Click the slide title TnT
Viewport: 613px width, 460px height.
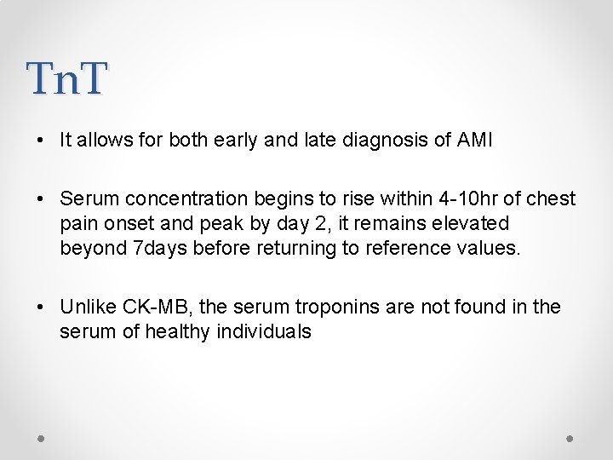[67, 78]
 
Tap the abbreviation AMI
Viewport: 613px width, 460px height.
[473, 141]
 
